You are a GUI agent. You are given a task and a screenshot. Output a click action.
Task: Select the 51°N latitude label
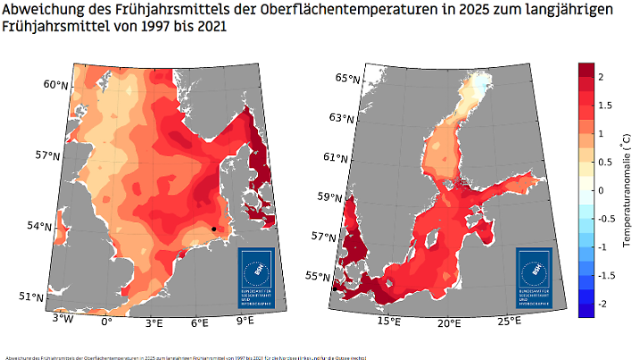click(32, 297)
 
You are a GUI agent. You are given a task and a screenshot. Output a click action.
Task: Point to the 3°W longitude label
click(62, 319)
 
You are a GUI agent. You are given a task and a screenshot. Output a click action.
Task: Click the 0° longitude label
click(105, 321)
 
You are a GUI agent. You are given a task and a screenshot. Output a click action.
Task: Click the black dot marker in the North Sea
click(214, 230)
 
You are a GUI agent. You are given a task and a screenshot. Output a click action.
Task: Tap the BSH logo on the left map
click(257, 278)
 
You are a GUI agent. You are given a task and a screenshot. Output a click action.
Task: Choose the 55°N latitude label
click(319, 276)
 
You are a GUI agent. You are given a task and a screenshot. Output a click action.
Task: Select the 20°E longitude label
click(449, 321)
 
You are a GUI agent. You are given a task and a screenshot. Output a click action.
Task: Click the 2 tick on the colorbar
click(600, 78)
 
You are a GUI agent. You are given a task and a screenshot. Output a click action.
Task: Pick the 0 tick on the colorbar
click(600, 191)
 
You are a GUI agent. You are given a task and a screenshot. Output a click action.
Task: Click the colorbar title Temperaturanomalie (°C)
click(628, 190)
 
